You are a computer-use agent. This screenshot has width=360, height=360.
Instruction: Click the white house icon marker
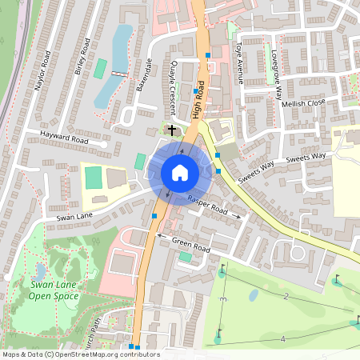coord(179,173)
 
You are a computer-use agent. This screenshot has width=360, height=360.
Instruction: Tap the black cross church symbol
coord(171,129)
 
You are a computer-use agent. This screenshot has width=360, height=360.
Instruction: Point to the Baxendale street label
coord(143,75)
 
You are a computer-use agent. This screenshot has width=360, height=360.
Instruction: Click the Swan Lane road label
coord(76,216)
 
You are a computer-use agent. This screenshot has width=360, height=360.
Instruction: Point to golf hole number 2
coord(286,297)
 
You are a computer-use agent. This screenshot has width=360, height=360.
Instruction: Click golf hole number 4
coord(282,339)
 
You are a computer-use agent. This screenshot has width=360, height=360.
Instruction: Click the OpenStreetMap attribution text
coord(81,354)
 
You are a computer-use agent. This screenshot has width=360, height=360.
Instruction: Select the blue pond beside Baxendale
coord(117,64)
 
